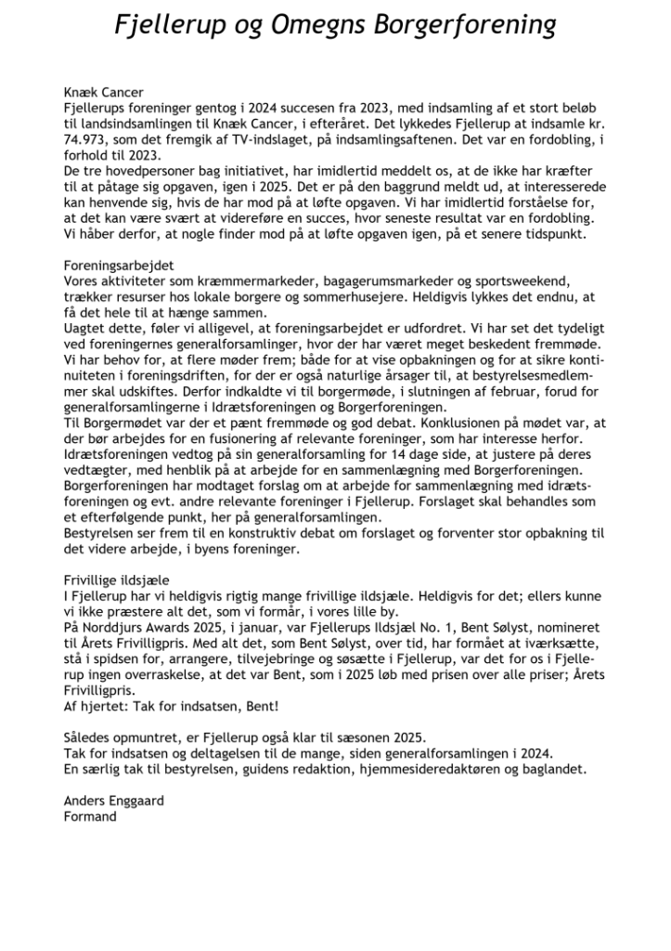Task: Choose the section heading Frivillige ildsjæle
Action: pos(117,579)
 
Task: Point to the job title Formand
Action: pos(91,816)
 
